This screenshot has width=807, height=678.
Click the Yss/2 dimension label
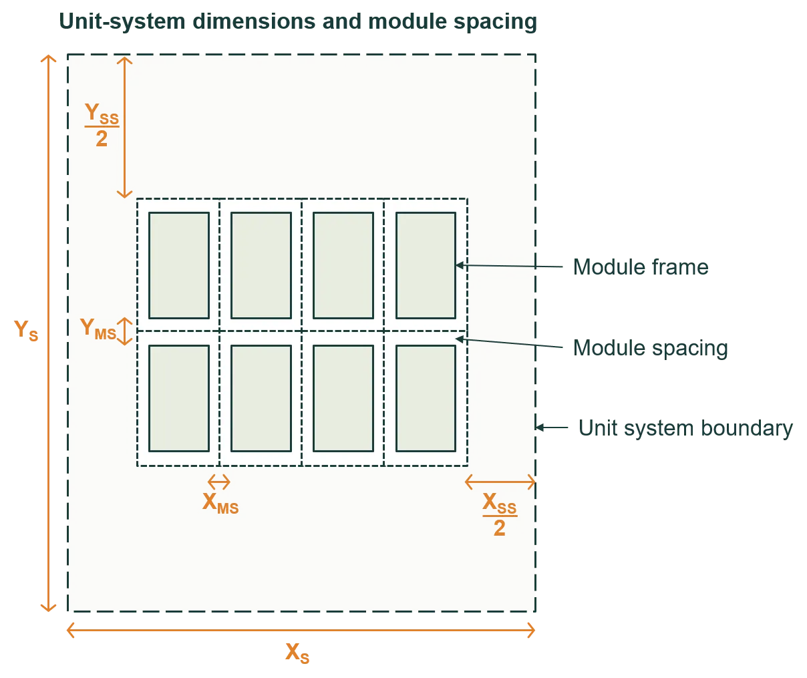[x=102, y=125]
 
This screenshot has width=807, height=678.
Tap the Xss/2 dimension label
[x=500, y=515]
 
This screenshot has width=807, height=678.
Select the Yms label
[x=98, y=329]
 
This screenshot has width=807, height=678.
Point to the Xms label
[x=220, y=503]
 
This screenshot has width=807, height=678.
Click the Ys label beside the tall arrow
[x=26, y=330]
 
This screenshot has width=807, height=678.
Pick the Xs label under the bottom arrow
[x=297, y=653]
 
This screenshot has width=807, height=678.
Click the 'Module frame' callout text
[x=640, y=268]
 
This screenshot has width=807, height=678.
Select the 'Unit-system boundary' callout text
[x=685, y=428]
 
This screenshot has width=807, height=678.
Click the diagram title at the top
[x=298, y=23]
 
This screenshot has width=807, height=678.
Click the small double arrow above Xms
[x=218, y=482]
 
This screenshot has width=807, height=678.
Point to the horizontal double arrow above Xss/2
[x=500, y=482]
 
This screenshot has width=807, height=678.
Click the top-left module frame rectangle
[x=178, y=265]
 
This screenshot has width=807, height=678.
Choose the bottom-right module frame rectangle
[x=426, y=398]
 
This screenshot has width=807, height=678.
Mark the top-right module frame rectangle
[x=426, y=265]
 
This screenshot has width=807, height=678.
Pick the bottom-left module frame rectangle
[x=178, y=398]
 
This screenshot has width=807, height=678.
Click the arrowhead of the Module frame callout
[x=459, y=265]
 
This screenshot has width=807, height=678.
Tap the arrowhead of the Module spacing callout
[x=459, y=339]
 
